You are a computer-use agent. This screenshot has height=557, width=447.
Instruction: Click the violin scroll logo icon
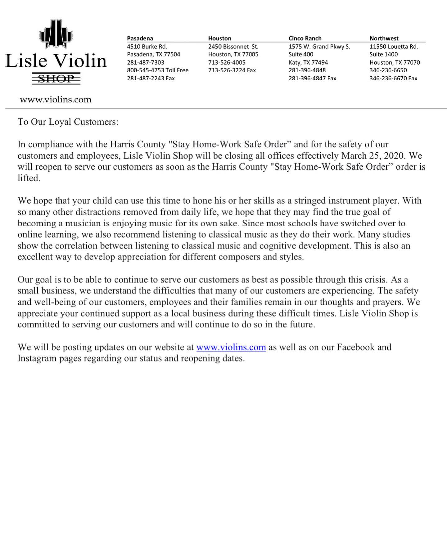(x=56, y=34)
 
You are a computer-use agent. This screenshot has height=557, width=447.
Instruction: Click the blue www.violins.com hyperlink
(x=231, y=347)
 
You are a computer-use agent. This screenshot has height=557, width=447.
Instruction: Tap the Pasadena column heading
(x=140, y=38)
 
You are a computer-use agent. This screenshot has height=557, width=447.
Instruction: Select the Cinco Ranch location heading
(x=305, y=38)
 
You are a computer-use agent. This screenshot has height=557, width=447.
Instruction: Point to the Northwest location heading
(x=384, y=38)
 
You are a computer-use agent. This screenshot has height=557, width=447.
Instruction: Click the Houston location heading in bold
(x=219, y=38)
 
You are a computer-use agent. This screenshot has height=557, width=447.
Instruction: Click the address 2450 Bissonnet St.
(x=233, y=47)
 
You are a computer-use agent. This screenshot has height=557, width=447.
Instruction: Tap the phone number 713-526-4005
(x=227, y=62)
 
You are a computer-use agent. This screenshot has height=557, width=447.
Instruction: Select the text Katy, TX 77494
(x=308, y=62)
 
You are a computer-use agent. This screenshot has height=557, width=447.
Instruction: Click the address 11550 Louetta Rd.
(x=394, y=47)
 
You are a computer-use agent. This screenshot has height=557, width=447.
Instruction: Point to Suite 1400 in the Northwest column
(x=383, y=54)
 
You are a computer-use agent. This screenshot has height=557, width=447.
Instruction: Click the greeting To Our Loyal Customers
(x=68, y=122)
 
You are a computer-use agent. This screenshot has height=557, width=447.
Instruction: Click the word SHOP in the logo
(x=56, y=79)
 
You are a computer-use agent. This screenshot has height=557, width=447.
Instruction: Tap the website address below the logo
(x=56, y=100)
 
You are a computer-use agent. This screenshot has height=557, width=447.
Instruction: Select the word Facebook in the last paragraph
(x=355, y=347)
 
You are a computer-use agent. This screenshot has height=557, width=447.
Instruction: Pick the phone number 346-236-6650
(x=388, y=70)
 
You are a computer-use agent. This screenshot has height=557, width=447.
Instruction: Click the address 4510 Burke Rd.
(x=147, y=47)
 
